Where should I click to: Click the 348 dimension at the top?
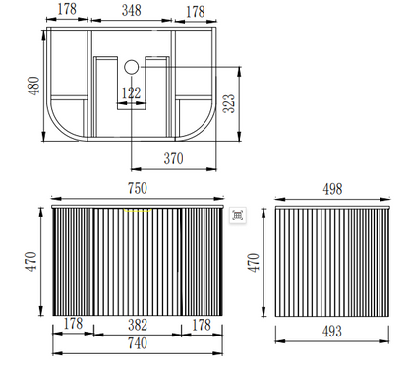pyautogui.click(x=132, y=10)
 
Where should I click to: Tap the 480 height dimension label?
pyautogui.click(x=33, y=86)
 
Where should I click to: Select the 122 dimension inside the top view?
pyautogui.click(x=131, y=93)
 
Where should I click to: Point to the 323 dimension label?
pyautogui.click(x=229, y=103)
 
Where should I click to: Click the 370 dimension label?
pyautogui.click(x=173, y=159)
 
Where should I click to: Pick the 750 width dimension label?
pyautogui.click(x=138, y=188)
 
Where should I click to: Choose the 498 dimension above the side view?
pyautogui.click(x=332, y=189)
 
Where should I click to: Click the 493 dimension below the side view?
pyautogui.click(x=332, y=332)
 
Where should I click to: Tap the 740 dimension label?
pyautogui.click(x=138, y=343)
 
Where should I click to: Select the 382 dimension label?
pyautogui.click(x=138, y=325)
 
